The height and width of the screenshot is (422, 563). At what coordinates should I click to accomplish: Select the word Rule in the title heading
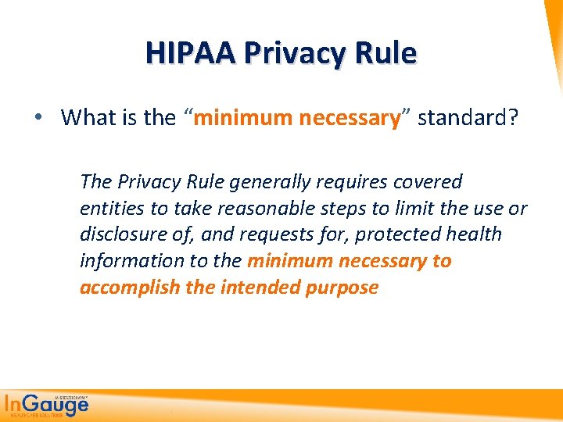[x=386, y=53]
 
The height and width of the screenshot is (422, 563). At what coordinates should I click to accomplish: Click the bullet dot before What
[x=38, y=118]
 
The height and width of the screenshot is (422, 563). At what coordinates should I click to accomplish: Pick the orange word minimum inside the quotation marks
[x=239, y=118]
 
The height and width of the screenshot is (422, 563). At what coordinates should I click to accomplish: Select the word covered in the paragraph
[x=421, y=182]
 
